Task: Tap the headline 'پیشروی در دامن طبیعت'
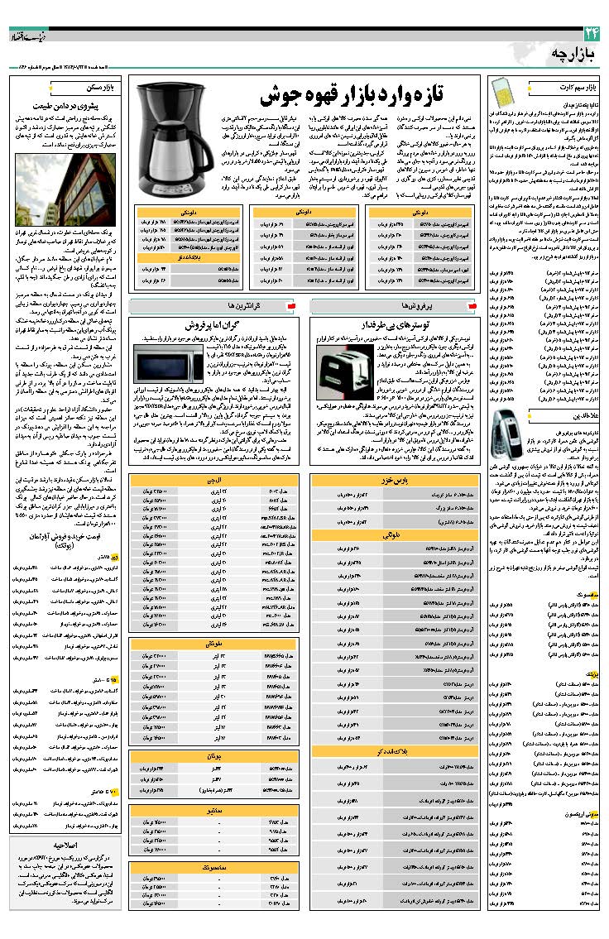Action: pyautogui.click(x=67, y=106)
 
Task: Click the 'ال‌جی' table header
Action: pyautogui.click(x=213, y=479)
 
